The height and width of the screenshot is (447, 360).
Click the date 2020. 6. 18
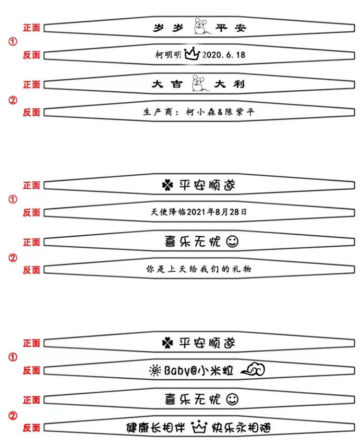pos(224,55)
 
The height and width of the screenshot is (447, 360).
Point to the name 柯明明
pos(168,55)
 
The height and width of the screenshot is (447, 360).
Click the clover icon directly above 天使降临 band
pos(167,185)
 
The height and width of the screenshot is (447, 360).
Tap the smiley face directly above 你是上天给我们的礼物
pos(232,242)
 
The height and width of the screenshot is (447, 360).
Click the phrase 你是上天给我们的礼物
pos(198,269)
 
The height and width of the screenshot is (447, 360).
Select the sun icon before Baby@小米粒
pos(155,370)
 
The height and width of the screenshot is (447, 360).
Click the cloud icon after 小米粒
pos(253,369)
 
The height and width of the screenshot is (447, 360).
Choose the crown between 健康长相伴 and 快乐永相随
pos(198,426)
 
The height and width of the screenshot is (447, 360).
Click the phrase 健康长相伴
pos(156,427)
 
